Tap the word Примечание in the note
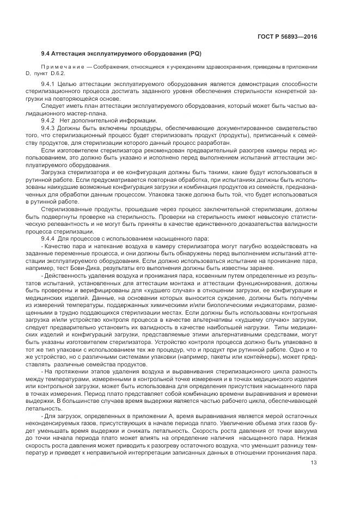60,66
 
